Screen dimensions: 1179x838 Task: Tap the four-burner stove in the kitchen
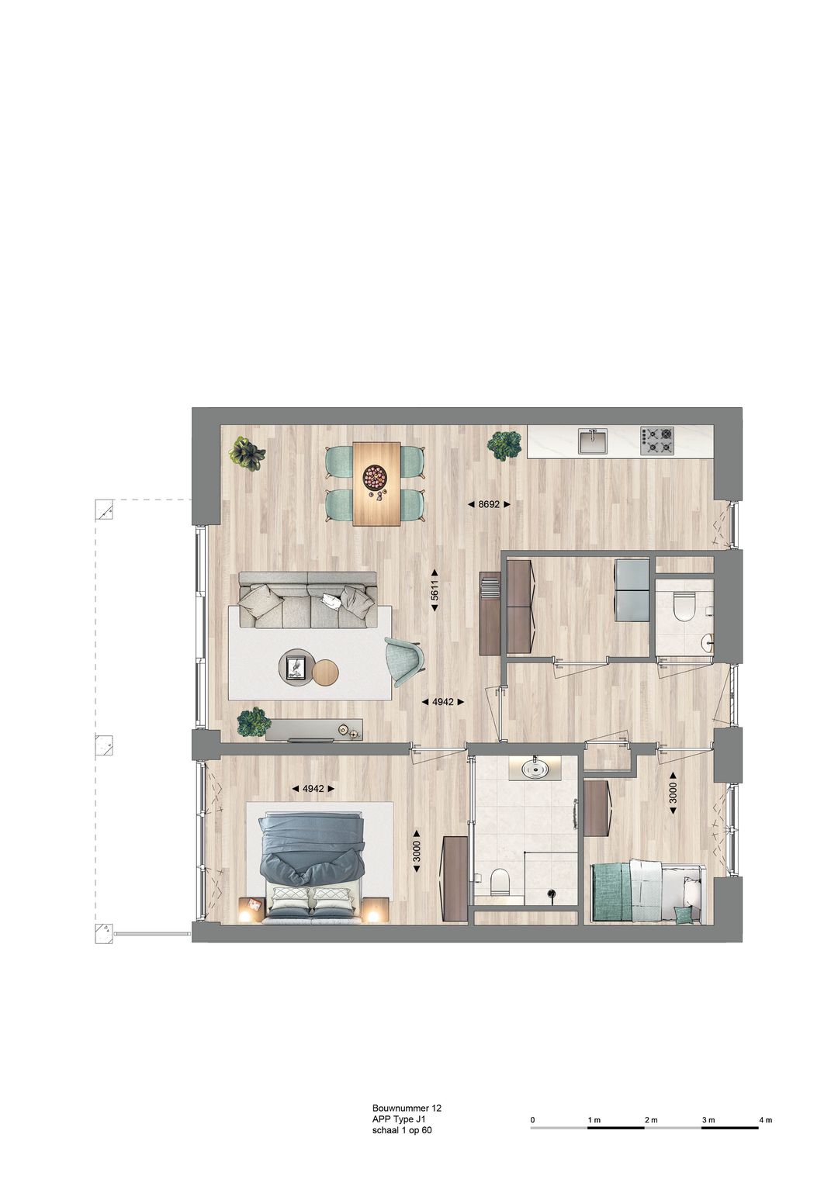click(656, 441)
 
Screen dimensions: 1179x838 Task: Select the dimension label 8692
click(489, 504)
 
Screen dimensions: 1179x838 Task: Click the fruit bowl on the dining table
click(376, 476)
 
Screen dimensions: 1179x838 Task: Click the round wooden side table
click(324, 672)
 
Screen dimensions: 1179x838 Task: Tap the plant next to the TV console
click(254, 722)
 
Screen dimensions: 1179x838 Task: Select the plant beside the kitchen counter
click(504, 445)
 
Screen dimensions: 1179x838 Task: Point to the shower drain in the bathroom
click(552, 894)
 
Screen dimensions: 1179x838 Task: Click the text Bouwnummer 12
click(407, 1109)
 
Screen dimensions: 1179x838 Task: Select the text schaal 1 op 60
click(402, 1131)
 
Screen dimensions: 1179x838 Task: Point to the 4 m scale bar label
click(765, 1120)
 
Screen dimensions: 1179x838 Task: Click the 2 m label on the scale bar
click(650, 1120)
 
